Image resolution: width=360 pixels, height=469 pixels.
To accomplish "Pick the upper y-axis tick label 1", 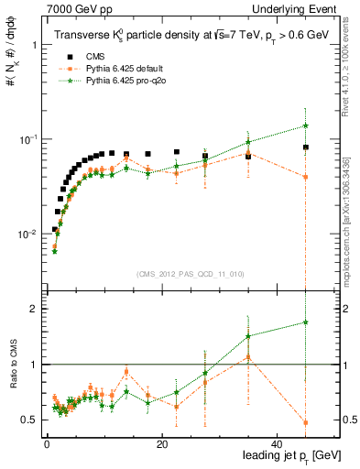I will (x=34, y=45).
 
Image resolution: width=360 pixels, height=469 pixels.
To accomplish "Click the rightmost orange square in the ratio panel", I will (x=305, y=422).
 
